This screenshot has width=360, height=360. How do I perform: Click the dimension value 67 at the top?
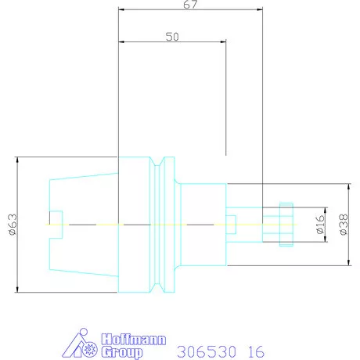coord(190,5)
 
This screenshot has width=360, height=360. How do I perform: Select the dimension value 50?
coord(172,37)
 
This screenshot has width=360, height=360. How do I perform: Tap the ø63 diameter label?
coord(13,225)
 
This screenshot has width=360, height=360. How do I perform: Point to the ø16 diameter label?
coord(320,225)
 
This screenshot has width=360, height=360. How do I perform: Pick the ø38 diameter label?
coord(344,225)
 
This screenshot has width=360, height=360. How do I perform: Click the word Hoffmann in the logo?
coord(134,340)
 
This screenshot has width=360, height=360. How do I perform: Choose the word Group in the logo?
coord(122,352)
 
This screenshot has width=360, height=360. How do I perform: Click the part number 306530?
coord(207,351)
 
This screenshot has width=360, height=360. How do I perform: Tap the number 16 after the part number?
coord(256,351)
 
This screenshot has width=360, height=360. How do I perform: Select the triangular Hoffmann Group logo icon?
coord(80,344)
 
